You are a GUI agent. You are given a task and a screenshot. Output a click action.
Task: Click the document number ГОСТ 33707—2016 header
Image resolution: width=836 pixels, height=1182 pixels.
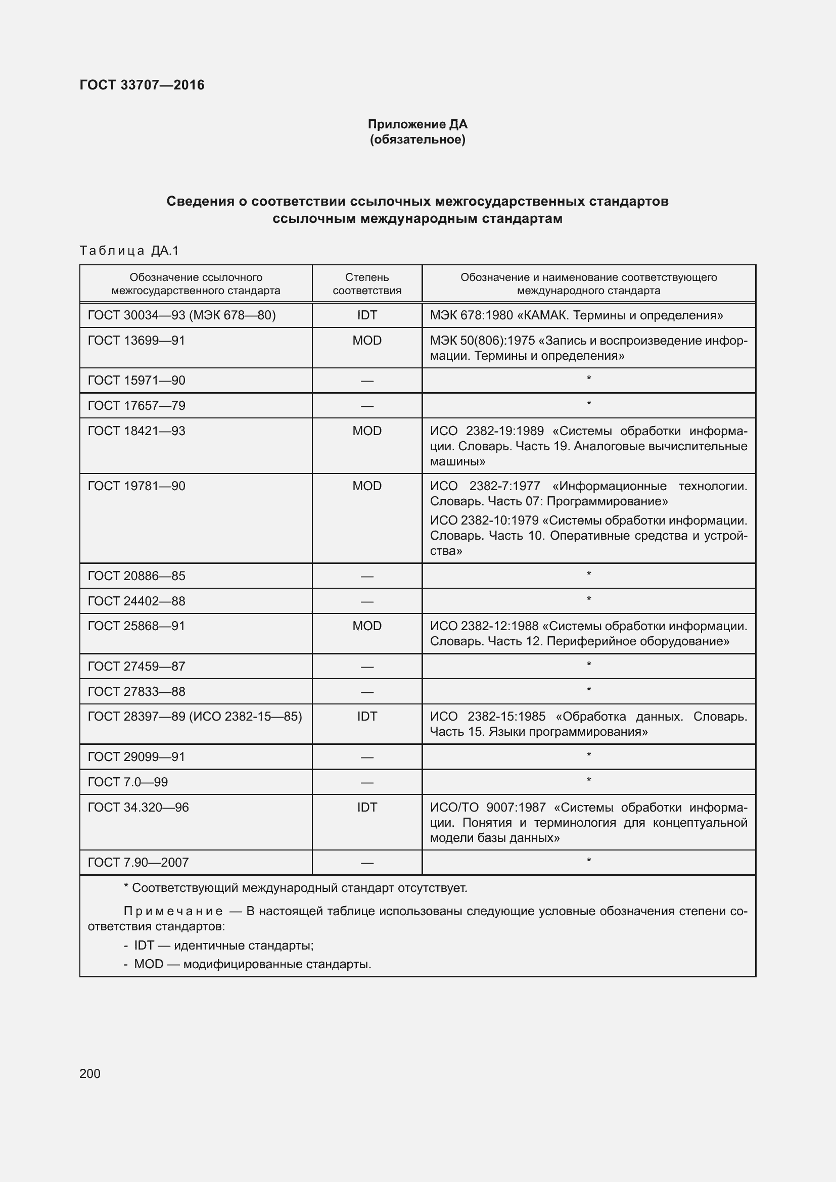(x=142, y=85)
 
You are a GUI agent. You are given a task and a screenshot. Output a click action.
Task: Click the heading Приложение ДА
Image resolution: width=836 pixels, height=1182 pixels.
(x=417, y=124)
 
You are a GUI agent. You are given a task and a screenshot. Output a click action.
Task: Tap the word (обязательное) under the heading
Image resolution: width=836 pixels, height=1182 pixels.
(x=417, y=139)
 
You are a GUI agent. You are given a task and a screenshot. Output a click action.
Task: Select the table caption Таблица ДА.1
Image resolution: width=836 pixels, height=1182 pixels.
(x=129, y=251)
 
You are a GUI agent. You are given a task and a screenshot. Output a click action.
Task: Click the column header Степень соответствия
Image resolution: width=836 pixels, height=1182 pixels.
(x=366, y=283)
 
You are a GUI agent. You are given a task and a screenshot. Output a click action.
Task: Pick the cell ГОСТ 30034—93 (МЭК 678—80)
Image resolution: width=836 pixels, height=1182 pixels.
(x=182, y=315)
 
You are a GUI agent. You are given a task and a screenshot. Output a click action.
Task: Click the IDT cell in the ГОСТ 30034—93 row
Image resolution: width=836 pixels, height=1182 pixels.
(x=366, y=315)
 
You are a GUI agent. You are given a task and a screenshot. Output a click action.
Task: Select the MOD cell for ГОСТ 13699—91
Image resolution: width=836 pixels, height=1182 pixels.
(x=366, y=340)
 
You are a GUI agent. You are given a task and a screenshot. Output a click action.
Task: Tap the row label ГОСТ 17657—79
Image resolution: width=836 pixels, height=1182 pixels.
(x=136, y=406)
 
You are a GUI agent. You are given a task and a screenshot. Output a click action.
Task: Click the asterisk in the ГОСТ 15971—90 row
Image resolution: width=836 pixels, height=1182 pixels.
(x=588, y=379)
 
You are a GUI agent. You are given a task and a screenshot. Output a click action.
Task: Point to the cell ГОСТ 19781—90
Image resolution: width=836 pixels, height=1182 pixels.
(x=136, y=486)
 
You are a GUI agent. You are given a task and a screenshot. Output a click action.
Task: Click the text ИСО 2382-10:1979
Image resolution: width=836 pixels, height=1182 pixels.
(x=484, y=521)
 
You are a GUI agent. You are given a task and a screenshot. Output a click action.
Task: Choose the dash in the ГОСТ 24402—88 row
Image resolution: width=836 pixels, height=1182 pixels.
(x=366, y=601)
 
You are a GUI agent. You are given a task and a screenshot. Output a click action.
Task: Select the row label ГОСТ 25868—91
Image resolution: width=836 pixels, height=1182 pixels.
(x=136, y=626)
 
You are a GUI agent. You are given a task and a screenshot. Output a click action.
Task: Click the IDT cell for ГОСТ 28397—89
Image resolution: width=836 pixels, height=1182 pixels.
(x=366, y=717)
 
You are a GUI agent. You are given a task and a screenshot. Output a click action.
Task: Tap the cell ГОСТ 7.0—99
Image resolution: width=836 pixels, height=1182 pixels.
(x=128, y=782)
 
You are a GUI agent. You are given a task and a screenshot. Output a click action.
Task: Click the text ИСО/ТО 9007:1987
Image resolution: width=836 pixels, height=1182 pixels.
(x=487, y=807)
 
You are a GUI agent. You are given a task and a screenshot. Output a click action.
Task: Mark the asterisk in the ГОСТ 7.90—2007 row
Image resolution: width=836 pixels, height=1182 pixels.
(x=588, y=861)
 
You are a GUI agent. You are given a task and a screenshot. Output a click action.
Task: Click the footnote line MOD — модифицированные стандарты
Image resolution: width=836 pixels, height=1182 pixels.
(x=252, y=964)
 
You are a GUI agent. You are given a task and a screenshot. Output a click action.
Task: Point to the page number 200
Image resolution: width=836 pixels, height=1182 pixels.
(x=90, y=1073)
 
